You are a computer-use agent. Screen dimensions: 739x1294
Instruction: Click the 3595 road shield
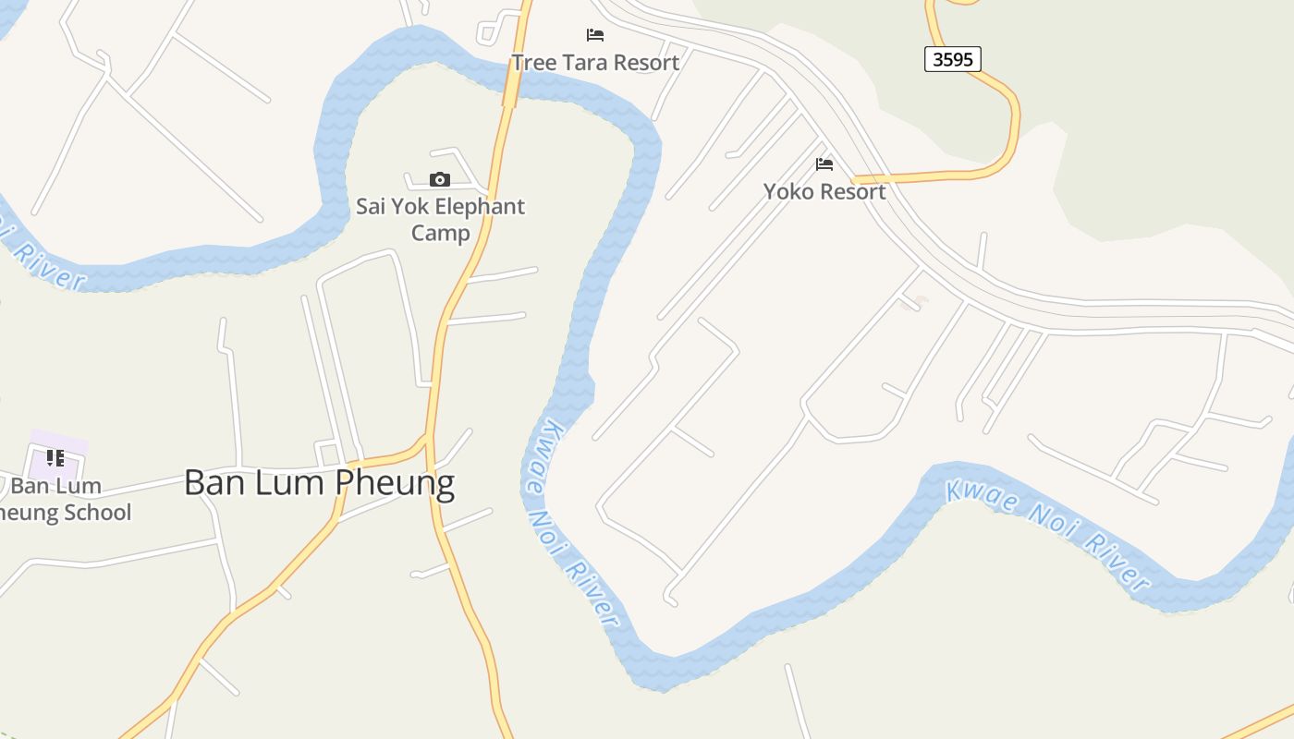952,59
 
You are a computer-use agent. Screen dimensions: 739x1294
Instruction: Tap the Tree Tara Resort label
595,62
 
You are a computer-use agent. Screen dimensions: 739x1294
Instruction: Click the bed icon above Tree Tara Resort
595,35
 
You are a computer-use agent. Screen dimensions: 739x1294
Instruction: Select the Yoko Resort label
824,191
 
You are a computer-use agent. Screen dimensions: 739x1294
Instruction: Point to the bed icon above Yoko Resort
824,164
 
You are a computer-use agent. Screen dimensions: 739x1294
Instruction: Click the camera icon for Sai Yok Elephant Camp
440,179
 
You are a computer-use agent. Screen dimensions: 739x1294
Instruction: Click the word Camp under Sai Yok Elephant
440,233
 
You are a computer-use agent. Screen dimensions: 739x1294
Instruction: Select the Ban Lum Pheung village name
319,482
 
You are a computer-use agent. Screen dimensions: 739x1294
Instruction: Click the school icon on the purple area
55,458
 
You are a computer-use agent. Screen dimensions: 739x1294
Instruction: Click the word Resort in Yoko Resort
852,191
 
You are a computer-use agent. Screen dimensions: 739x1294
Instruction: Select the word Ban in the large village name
215,482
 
